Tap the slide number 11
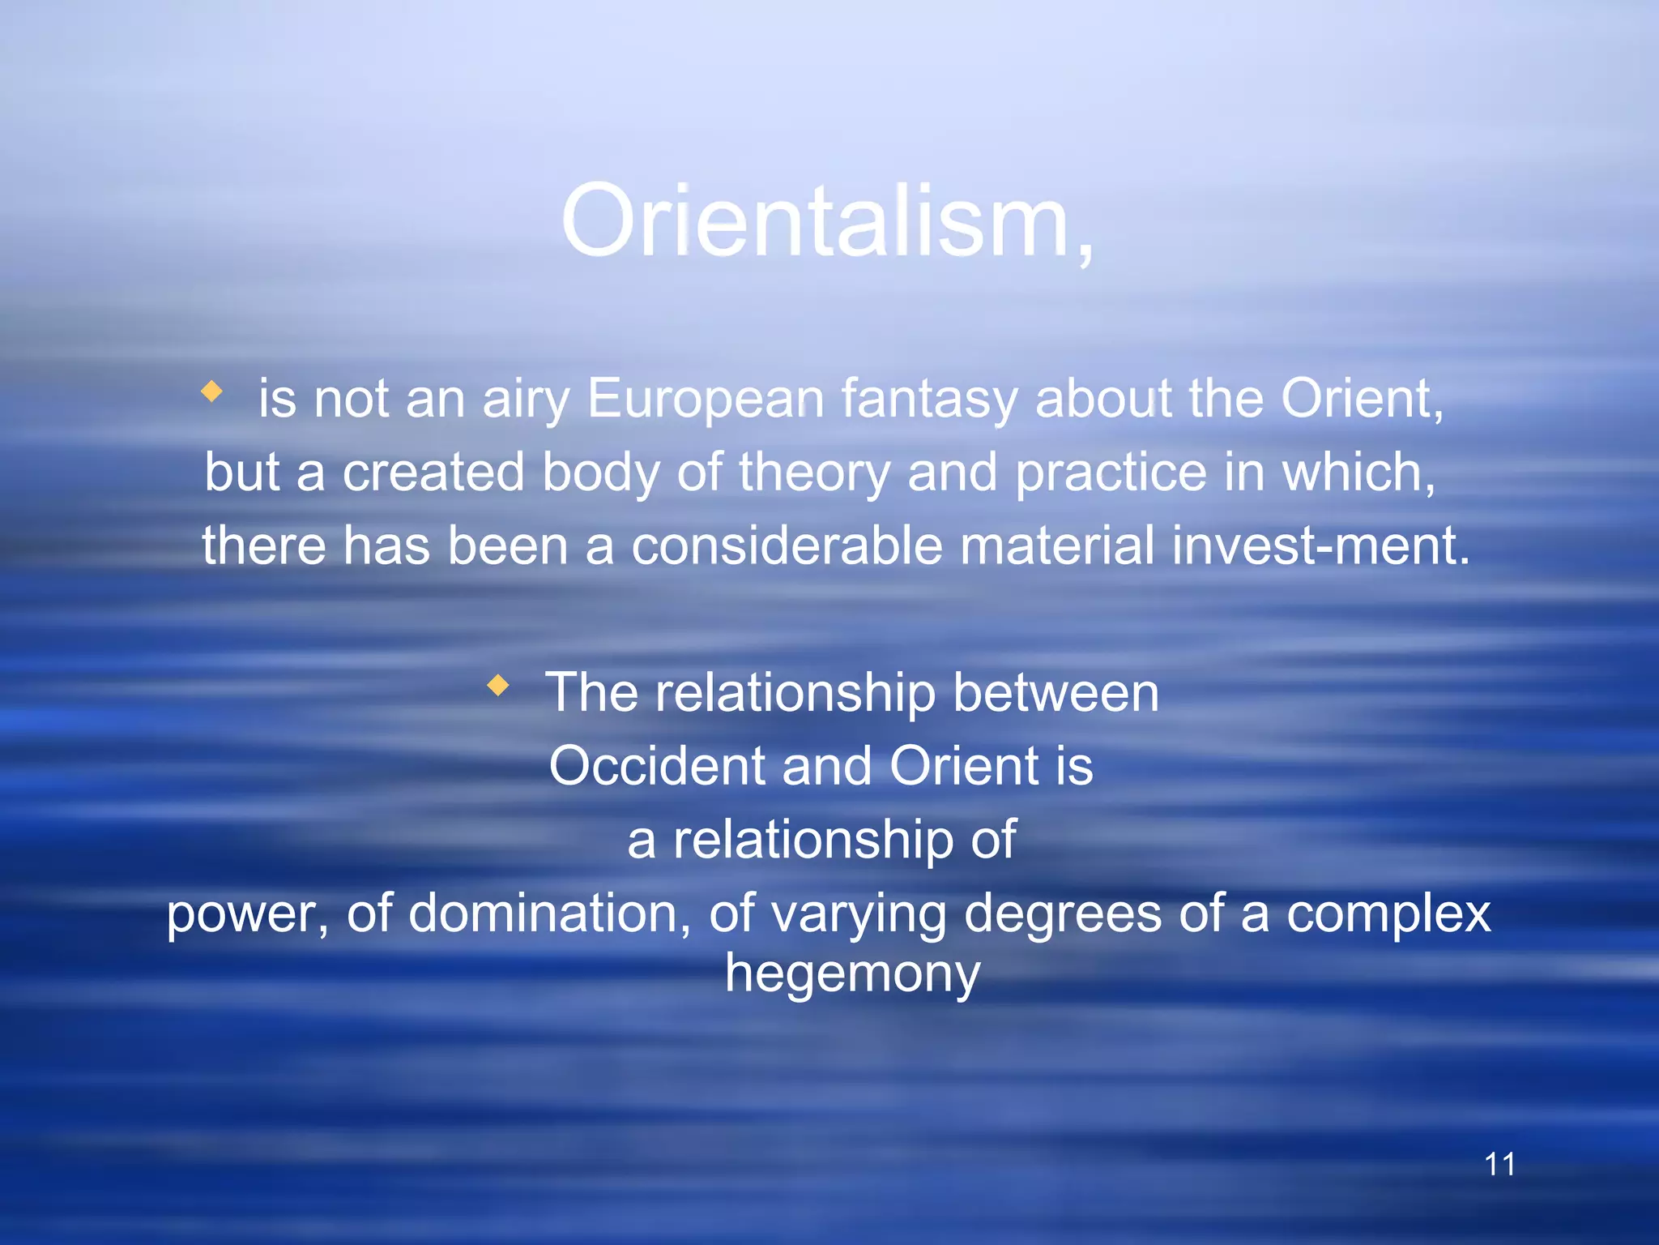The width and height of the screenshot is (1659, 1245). coord(1499,1164)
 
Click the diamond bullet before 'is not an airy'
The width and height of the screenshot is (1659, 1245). coord(212,392)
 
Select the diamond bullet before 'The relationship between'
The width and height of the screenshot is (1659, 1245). coord(498,686)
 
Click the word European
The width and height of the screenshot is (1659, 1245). coord(705,399)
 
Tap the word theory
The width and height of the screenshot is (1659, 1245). coord(814,473)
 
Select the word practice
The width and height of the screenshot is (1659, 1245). coord(1111,473)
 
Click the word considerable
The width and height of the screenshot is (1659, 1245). coord(787,545)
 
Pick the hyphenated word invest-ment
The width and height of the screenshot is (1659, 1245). coord(1320,545)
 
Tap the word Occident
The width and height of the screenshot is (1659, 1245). coord(657,766)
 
